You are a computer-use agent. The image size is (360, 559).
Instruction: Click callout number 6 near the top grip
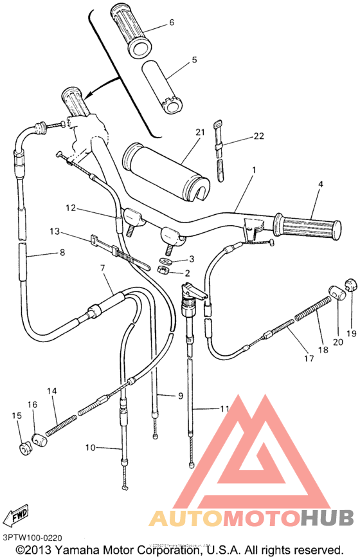click(172, 22)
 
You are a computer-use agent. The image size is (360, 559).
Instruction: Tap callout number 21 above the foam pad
click(200, 132)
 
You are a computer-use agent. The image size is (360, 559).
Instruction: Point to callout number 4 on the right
click(319, 184)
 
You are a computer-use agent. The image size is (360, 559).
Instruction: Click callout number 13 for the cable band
click(54, 231)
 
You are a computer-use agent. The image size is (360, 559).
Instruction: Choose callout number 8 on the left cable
click(62, 252)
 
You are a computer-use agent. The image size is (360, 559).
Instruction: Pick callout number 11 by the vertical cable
click(224, 408)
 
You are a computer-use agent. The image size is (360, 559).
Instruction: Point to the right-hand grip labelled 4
click(307, 226)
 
